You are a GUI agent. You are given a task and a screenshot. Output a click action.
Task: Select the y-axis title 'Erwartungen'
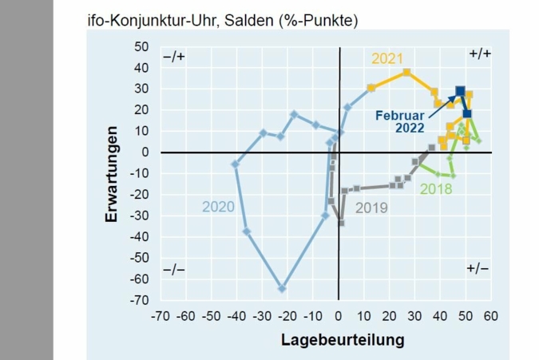113,173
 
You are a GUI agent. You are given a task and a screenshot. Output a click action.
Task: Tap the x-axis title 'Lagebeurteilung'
342,339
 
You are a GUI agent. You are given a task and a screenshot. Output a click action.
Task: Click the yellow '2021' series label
387,58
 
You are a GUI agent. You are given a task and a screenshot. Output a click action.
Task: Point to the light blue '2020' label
218,207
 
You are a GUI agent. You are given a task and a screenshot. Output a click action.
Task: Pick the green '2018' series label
435,189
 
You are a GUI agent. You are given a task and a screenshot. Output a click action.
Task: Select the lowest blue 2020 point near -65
282,288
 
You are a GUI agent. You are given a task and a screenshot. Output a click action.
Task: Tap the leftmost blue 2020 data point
236,164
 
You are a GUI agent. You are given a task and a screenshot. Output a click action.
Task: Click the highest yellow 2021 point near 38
406,72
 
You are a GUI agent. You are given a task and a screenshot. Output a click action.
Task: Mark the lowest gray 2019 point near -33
341,223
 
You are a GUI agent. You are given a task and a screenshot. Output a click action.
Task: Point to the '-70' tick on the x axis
161,316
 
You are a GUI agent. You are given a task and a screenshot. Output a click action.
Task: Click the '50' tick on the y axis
141,46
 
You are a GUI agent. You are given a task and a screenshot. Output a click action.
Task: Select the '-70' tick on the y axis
140,300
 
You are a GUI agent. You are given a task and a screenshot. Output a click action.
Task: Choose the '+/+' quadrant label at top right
480,53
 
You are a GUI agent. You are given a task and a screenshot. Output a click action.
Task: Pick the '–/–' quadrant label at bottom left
173,269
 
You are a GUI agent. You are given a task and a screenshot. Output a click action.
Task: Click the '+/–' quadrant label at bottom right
478,269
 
